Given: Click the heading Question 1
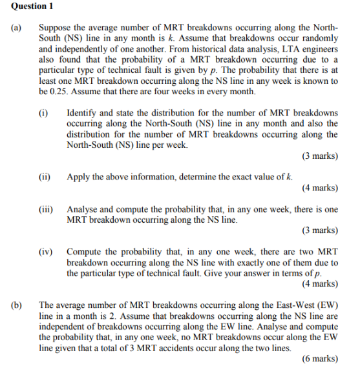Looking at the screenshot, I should point(30,6).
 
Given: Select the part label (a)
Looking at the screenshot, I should point(16,28).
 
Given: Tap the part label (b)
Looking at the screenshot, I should point(16,303).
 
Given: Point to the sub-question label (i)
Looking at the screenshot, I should point(43,113).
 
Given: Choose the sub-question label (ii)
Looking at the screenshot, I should point(45,176).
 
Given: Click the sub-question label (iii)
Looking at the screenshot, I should point(46,209).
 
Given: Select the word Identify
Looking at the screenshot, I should point(83,113).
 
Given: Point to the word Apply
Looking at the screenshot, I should point(79,176).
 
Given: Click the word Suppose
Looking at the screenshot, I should point(56,28).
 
